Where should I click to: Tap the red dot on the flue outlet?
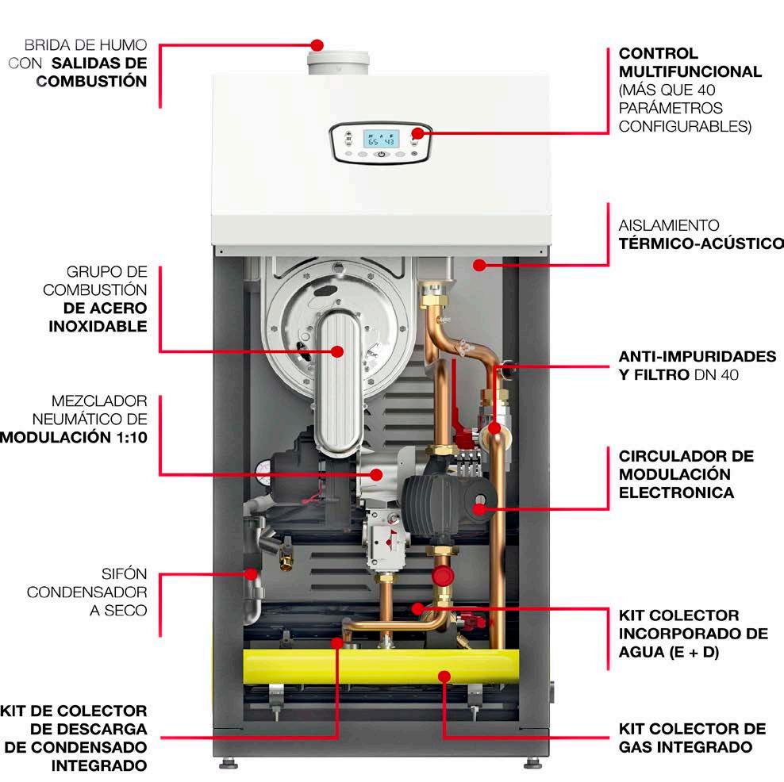tap(317, 44)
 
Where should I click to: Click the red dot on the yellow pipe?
tap(444, 677)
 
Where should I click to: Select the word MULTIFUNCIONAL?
tap(690, 71)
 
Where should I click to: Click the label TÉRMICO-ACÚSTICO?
tap(700, 243)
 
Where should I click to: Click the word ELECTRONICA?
tap(676, 493)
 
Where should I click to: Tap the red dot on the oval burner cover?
tap(337, 351)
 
